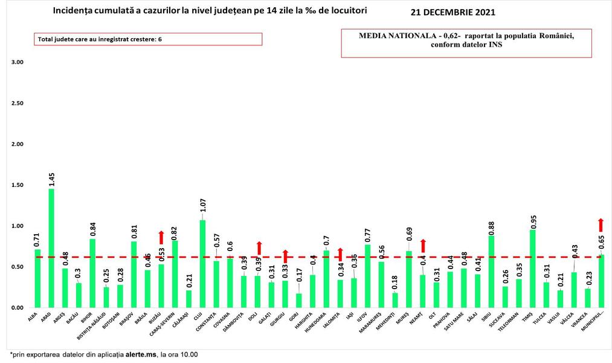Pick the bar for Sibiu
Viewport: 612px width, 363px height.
491,272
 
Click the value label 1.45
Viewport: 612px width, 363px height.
51,180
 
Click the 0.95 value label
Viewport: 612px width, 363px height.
533,220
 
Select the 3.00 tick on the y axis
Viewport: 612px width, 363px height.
18,62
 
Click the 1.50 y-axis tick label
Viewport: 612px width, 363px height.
18,185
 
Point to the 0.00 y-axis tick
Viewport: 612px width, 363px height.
18,308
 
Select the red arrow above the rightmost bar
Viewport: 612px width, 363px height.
601,224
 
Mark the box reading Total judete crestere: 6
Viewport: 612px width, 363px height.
148,39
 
